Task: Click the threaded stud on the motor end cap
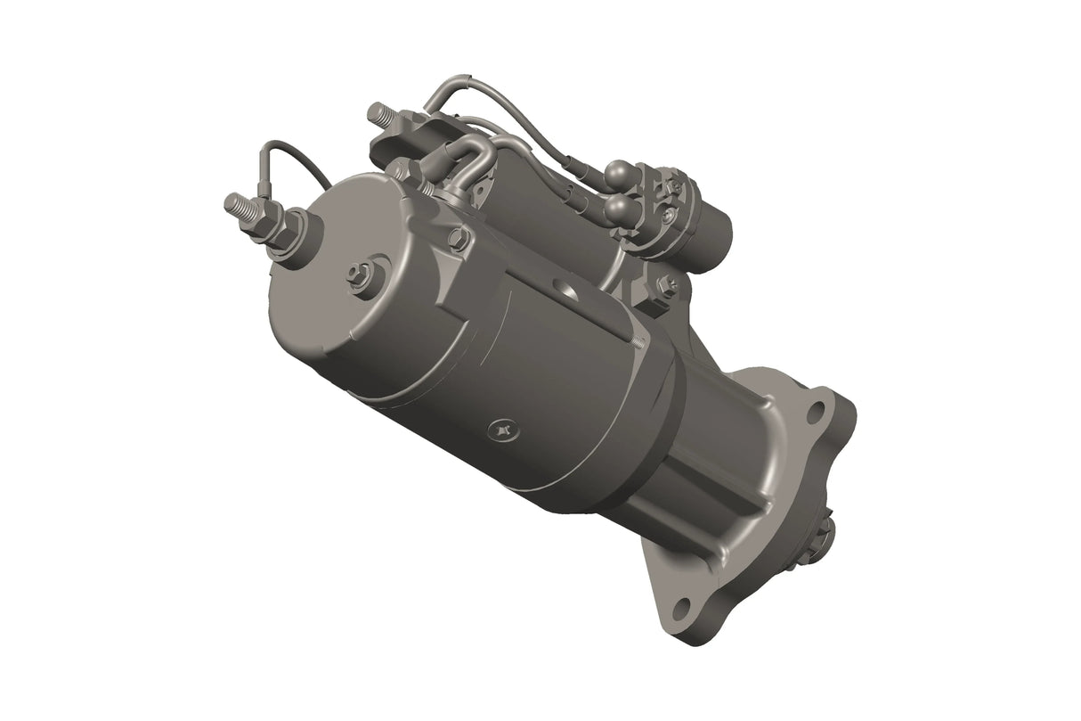[x=236, y=205]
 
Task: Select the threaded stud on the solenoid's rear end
[x=379, y=114]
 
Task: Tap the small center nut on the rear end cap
[x=361, y=274]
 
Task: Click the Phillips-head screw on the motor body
[x=503, y=431]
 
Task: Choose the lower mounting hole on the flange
[x=681, y=607]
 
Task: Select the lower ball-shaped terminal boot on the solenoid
[x=617, y=209]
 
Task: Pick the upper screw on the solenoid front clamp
[x=676, y=186]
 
